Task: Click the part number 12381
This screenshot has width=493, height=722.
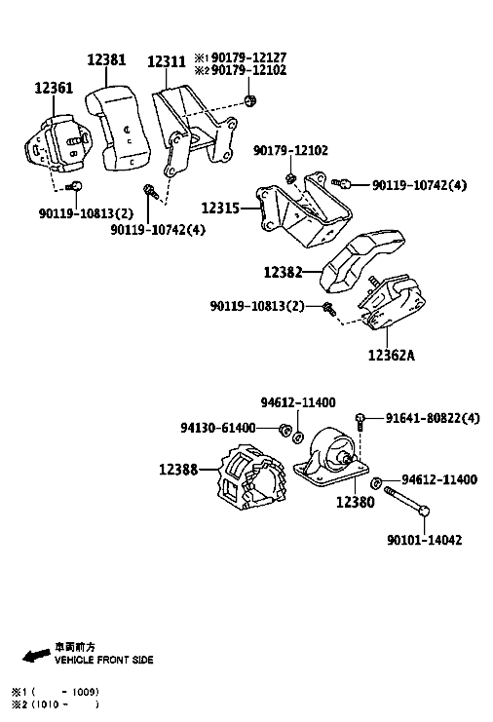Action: pyautogui.click(x=106, y=59)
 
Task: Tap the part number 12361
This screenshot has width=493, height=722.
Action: pyautogui.click(x=54, y=88)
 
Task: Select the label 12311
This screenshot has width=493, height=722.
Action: pyautogui.click(x=167, y=61)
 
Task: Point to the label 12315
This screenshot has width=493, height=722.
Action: pyautogui.click(x=220, y=209)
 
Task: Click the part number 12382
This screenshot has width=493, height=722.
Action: pyautogui.click(x=283, y=272)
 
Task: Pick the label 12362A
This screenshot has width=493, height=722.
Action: pyautogui.click(x=392, y=355)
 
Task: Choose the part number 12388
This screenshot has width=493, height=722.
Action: pyautogui.click(x=178, y=470)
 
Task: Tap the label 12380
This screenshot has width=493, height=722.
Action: pyautogui.click(x=356, y=502)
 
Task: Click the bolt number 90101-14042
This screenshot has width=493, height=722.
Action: pyautogui.click(x=425, y=540)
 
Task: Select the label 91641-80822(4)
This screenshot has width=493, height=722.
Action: pyautogui.click(x=433, y=418)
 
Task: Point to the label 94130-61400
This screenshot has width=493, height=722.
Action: pyautogui.click(x=217, y=428)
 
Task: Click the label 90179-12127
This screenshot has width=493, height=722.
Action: pyautogui.click(x=249, y=57)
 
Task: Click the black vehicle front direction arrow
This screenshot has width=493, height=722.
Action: pyautogui.click(x=36, y=655)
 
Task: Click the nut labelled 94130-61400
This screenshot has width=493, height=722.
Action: pyautogui.click(x=284, y=430)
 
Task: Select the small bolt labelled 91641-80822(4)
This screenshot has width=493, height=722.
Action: pyautogui.click(x=360, y=422)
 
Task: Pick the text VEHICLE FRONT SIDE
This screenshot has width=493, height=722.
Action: pyautogui.click(x=104, y=660)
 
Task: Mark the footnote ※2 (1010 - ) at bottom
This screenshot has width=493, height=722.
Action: pyautogui.click(x=56, y=704)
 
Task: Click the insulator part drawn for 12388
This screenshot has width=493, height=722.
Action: pyautogui.click(x=250, y=477)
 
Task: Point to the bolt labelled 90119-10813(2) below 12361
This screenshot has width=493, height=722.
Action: pyautogui.click(x=75, y=186)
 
